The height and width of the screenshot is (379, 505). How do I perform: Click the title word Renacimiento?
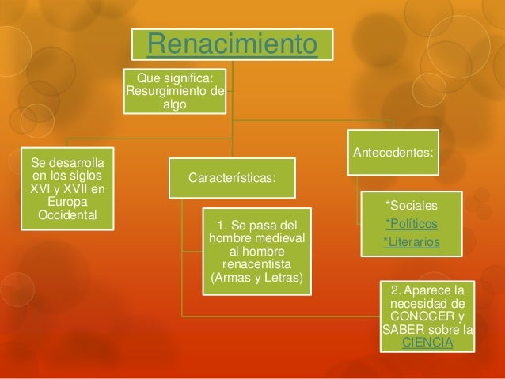[232, 44]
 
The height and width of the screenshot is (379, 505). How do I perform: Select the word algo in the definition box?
[175, 104]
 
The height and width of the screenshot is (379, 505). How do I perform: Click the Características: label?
[232, 178]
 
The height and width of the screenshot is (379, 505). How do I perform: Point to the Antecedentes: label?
[393, 152]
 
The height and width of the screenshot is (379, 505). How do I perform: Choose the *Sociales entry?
[412, 206]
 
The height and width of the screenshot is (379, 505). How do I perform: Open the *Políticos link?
[412, 223]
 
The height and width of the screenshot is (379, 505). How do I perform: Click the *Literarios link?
[412, 242]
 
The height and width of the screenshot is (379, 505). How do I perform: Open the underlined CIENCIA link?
[427, 343]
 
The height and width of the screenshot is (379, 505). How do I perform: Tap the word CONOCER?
[422, 316]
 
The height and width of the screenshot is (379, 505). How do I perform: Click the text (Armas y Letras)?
[256, 278]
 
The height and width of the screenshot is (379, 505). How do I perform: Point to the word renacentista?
[256, 264]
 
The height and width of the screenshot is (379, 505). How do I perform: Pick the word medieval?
[281, 238]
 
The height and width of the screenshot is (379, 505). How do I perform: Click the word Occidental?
[67, 215]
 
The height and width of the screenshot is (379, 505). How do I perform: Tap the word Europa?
[67, 203]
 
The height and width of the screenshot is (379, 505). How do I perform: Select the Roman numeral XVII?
[75, 189]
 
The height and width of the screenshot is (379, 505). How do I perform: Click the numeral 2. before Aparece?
[395, 290]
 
